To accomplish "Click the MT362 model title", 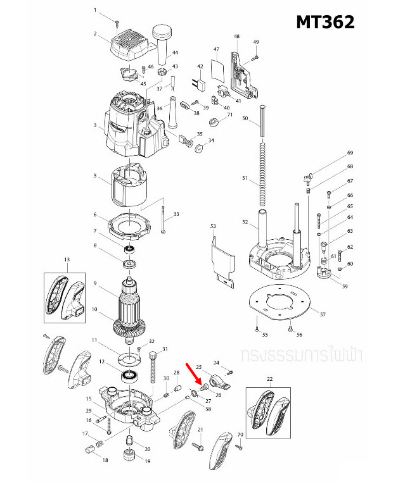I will point(325,23).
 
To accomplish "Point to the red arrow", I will point(194,374).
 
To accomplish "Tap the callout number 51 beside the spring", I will point(245,178).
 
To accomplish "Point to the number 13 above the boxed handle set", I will point(66,260).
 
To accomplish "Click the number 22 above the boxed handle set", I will point(269,379).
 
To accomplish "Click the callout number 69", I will point(349,154).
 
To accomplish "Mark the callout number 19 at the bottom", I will point(148,462).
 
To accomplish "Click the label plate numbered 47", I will point(217,68).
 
